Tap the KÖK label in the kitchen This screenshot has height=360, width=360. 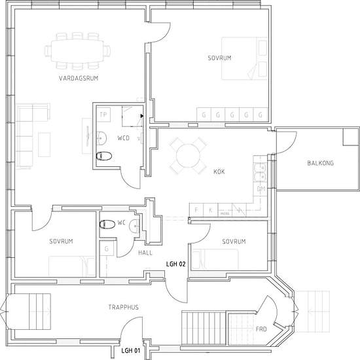[219, 171]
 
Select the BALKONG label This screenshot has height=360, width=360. [320, 163]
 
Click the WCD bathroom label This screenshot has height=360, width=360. [124, 139]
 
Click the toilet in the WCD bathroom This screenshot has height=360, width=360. [104, 156]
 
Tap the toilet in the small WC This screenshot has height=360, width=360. [107, 224]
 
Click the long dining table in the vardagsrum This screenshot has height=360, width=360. [77, 50]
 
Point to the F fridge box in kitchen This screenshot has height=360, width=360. [196, 210]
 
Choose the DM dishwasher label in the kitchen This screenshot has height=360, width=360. [261, 189]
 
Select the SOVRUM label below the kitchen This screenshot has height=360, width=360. [234, 242]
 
